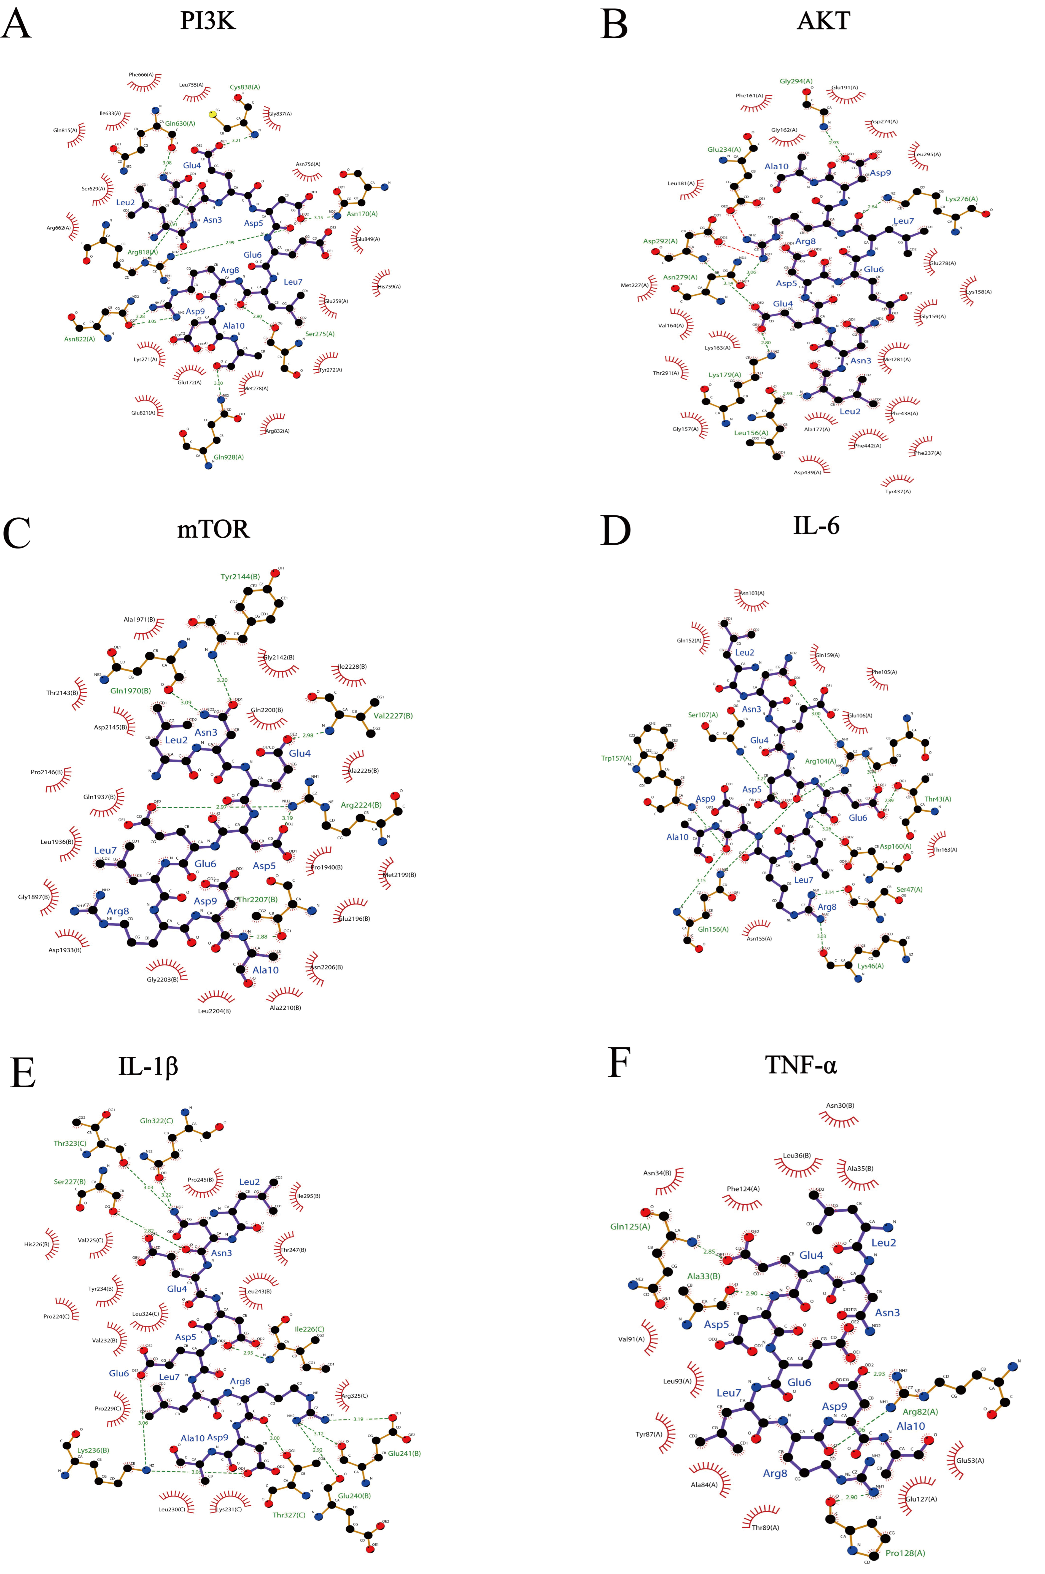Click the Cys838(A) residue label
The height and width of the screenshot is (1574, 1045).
pos(245,87)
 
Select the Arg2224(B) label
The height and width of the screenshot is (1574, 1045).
pos(360,805)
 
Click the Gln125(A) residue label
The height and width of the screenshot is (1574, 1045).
pos(630,1226)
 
